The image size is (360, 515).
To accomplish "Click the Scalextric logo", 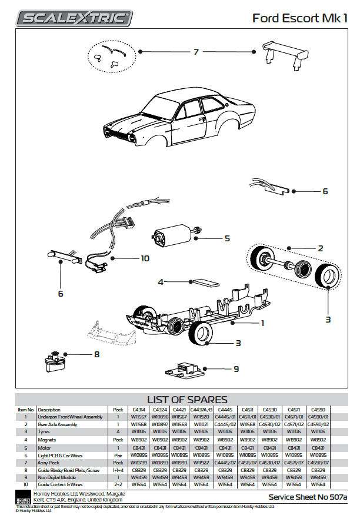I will [74, 18].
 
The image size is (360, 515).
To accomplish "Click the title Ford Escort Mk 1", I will [299, 18].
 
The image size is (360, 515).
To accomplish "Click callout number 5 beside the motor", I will [226, 238].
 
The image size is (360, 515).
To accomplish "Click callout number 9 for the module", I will [236, 369].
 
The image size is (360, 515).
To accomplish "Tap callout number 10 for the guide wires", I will [145, 258].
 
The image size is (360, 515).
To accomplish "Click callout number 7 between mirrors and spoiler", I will [196, 52].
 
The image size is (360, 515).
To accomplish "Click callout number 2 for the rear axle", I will [321, 248].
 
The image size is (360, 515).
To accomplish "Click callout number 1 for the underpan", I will [262, 323].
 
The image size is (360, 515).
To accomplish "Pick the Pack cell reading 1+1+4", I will [118, 470].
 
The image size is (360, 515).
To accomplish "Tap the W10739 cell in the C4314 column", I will [139, 462].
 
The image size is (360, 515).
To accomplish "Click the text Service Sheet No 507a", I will [307, 497].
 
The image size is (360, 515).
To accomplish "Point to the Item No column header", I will [26, 409].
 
